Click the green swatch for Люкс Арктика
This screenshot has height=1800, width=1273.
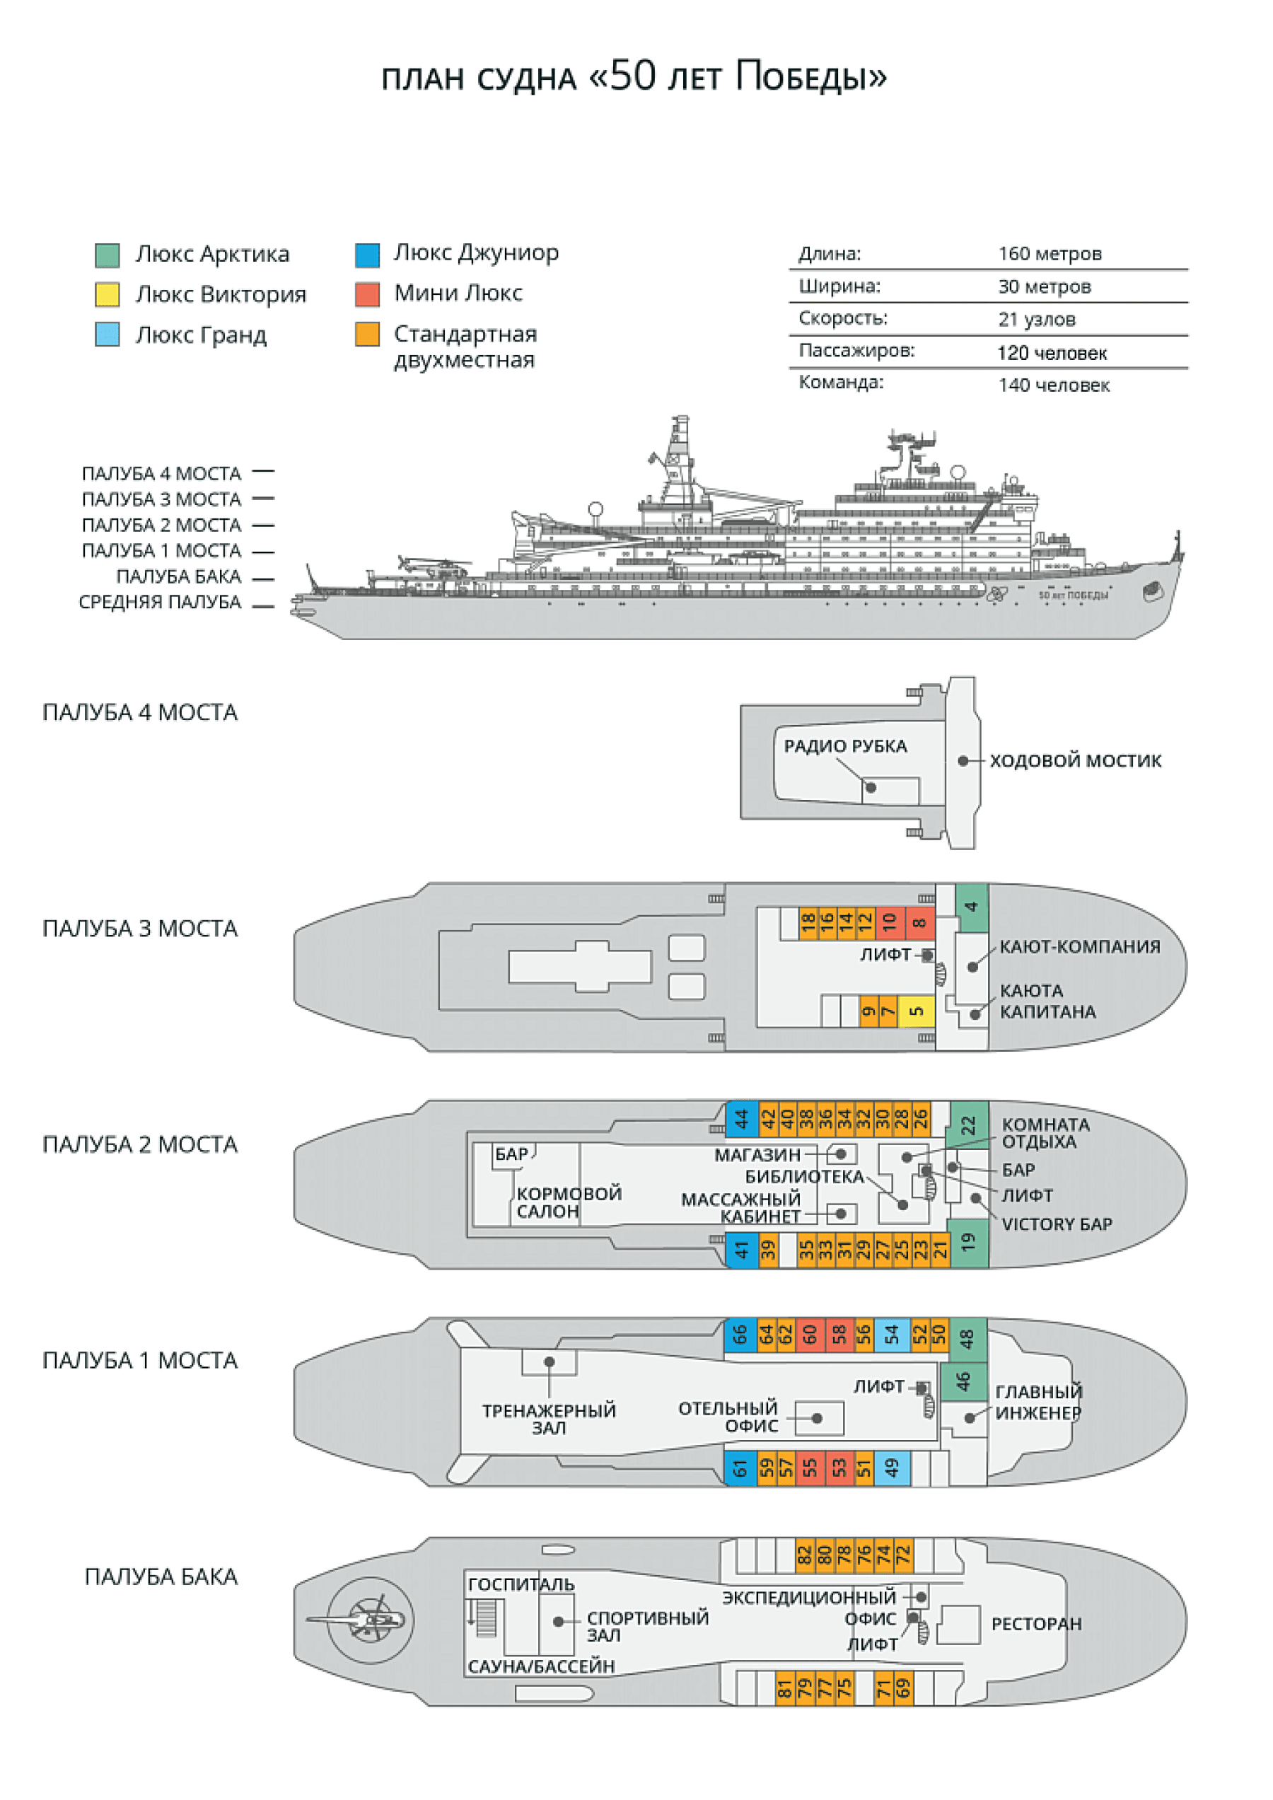coord(107,255)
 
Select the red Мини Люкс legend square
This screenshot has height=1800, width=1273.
coord(367,294)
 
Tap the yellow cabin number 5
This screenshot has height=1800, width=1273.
coord(916,1011)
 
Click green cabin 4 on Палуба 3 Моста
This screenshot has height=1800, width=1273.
coord(970,907)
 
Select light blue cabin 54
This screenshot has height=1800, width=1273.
coord(891,1335)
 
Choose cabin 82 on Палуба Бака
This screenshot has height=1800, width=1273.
coord(804,1554)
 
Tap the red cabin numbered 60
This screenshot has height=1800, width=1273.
coord(810,1335)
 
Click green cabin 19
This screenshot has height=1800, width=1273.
coord(968,1242)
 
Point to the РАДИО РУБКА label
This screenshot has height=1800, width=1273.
coord(845,745)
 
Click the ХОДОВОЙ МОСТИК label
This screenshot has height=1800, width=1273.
coord(1075,760)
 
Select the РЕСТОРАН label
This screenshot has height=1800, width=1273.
coord(1035,1624)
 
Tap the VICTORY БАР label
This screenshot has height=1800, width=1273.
coord(1056,1224)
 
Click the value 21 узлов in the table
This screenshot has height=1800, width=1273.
coord(1036,319)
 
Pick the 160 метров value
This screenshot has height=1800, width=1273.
coord(1050,253)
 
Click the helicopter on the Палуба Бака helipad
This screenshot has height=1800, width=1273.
coord(368,1620)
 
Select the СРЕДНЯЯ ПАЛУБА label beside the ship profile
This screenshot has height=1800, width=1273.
coord(160,602)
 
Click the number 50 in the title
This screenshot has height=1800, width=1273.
coord(632,76)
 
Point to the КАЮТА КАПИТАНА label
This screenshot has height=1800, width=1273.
coord(1047,1001)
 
